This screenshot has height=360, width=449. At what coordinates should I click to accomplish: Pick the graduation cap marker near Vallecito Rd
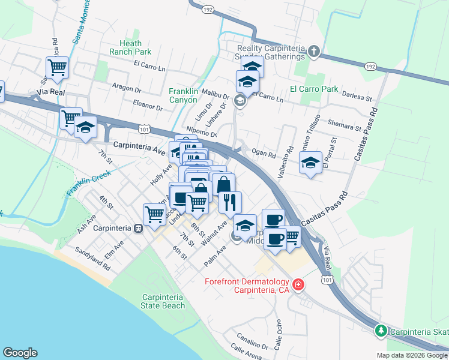click(x=310, y=163)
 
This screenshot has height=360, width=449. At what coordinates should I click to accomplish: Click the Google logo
click(x=20, y=353)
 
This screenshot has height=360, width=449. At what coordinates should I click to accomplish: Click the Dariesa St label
click(x=357, y=94)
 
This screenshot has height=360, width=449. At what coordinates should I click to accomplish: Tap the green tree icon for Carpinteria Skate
click(x=381, y=331)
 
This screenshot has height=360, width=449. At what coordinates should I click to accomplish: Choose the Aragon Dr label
click(x=127, y=88)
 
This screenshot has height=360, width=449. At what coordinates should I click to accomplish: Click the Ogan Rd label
click(x=264, y=154)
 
